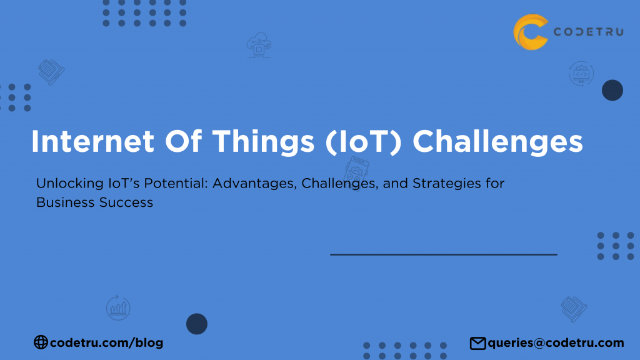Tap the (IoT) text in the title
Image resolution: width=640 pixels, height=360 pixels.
click(365, 142)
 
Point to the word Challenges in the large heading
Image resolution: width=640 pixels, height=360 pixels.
click(497, 142)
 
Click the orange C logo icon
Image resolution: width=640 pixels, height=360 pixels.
click(531, 32)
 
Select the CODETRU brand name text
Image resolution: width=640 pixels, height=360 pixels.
click(587, 32)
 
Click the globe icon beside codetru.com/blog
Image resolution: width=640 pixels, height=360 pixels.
click(41, 342)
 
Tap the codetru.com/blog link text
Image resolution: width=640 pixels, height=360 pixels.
click(106, 342)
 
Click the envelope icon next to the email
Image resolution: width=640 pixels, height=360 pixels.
click(478, 342)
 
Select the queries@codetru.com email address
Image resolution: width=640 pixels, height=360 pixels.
click(556, 342)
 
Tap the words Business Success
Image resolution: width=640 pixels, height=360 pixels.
click(94, 202)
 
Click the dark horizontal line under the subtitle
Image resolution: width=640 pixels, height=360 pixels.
click(443, 254)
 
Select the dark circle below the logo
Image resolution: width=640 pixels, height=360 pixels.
click(612, 91)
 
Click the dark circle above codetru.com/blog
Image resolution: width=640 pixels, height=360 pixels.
click(197, 324)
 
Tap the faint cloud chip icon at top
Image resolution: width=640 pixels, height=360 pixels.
click(259, 46)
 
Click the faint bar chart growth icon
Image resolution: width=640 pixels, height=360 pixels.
click(118, 307)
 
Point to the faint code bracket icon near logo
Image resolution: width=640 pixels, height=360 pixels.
click(581, 74)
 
